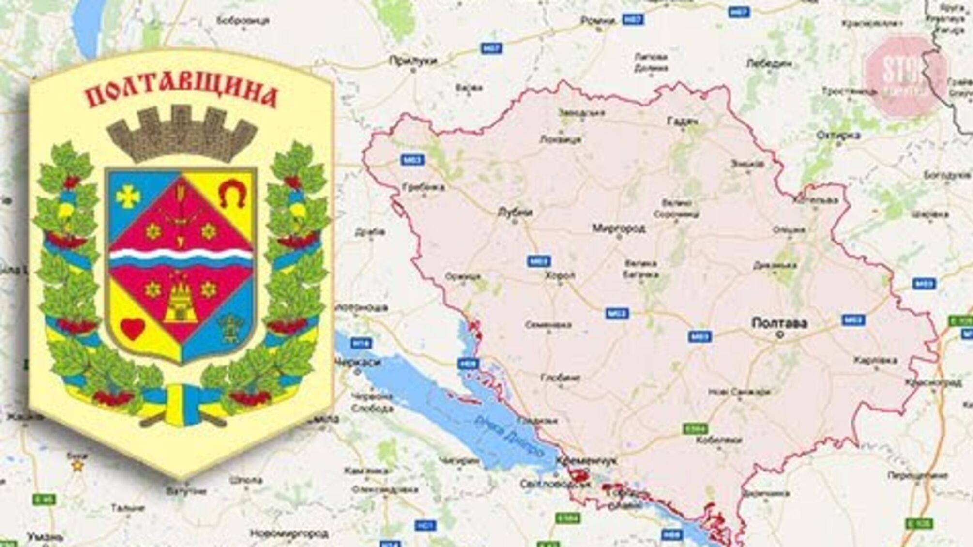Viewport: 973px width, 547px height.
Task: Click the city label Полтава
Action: tap(779, 323)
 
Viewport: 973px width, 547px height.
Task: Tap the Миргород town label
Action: tap(619, 228)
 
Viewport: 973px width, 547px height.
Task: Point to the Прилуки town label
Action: tap(413, 61)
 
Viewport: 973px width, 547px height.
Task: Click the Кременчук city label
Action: tap(587, 461)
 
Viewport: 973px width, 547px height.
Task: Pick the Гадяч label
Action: tap(683, 122)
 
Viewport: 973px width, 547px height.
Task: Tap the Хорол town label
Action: tap(560, 275)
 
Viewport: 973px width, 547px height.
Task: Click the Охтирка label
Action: tap(838, 135)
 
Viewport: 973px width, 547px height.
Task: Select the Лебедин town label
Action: tap(769, 63)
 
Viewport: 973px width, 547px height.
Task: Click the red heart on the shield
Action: tap(132, 328)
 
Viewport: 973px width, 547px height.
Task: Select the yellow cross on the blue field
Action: tap(128, 196)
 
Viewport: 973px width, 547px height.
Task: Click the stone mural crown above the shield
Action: tap(182, 134)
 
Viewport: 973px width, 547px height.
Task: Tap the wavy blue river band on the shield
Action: tap(182, 258)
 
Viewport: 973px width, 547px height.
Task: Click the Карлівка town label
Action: tap(875, 360)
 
